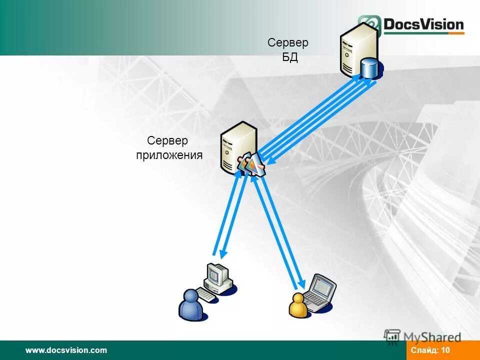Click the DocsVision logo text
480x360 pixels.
(423, 24)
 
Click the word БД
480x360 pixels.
(290, 57)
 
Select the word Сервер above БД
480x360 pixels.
(288, 43)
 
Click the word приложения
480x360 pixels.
(169, 155)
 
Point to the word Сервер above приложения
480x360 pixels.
(167, 141)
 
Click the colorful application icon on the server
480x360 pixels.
(251, 164)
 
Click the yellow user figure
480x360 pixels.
(298, 306)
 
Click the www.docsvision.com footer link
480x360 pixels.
(66, 350)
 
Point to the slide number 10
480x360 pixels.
(445, 350)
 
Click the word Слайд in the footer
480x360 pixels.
(424, 350)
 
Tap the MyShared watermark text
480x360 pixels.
(432, 337)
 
